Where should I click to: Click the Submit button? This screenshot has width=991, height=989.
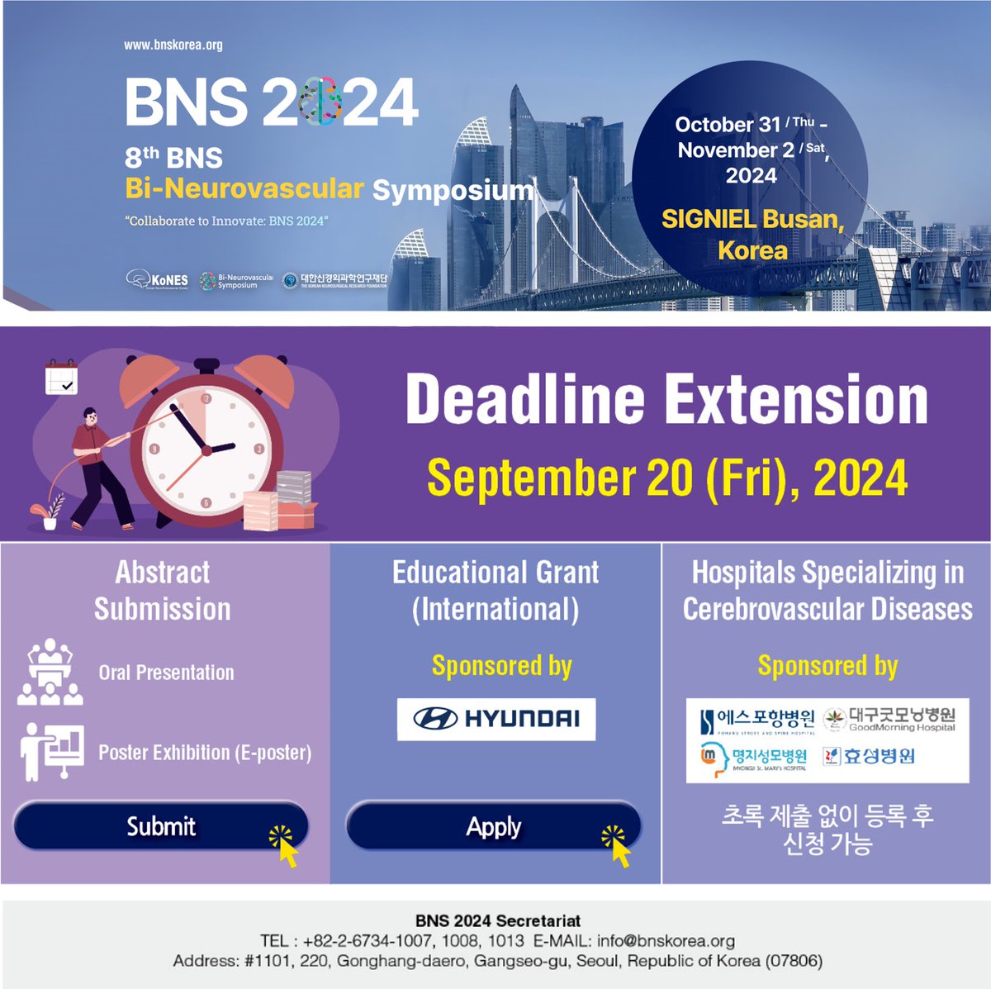coord(161,826)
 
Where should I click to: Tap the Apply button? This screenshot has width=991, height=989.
coord(493,826)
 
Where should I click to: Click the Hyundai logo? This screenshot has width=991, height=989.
coord(495,719)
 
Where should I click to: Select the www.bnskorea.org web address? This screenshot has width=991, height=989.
coord(173,45)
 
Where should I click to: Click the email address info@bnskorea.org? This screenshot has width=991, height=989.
coord(666,940)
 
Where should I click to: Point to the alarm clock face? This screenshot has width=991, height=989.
coord(206,450)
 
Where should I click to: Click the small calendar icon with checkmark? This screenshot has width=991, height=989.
coord(61,378)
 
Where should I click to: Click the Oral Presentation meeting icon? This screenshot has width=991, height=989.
coord(50,673)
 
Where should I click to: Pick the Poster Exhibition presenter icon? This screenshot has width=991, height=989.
coord(52,752)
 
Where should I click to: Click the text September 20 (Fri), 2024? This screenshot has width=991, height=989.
coord(666,478)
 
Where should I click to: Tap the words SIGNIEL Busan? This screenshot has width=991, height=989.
coord(752,219)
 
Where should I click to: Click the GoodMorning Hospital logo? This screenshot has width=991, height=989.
coord(890,719)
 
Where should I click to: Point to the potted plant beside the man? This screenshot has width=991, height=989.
coord(50,511)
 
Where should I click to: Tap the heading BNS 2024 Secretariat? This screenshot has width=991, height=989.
coord(497,920)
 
